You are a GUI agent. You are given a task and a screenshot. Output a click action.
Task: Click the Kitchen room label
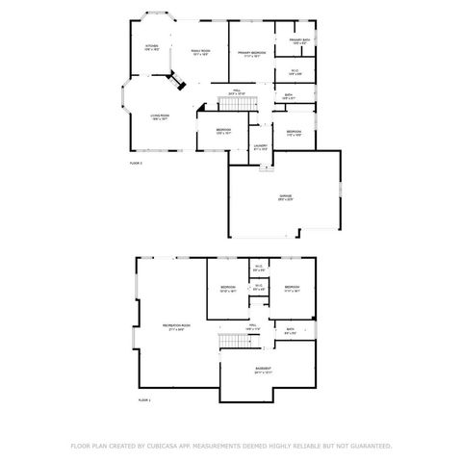pyautogui.click(x=152, y=47)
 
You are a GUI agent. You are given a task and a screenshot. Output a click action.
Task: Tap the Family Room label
pyautogui.click(x=200, y=52)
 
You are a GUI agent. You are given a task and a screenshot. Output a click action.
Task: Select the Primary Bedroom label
pyautogui.click(x=252, y=54)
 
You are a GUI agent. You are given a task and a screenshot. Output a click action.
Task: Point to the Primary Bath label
pyautogui.click(x=297, y=41)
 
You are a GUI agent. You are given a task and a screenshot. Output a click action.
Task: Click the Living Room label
pyautogui.click(x=160, y=117)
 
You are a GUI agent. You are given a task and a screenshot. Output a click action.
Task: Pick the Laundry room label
pyautogui.click(x=260, y=147)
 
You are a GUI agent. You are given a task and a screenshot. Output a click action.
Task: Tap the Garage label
pyautogui.click(x=286, y=196)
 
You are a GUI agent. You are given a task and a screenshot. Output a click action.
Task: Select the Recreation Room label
pyautogui.click(x=177, y=328)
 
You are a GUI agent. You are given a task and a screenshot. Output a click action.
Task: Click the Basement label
pyautogui.click(x=263, y=370)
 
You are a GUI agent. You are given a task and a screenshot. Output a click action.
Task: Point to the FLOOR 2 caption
pyautogui.click(x=136, y=165)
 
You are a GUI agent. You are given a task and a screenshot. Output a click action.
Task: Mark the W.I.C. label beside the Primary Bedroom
pyautogui.click(x=295, y=72)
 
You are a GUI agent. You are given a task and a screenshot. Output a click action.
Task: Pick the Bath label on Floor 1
pyautogui.click(x=289, y=332)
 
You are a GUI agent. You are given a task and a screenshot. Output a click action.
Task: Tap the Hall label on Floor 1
pyautogui.click(x=253, y=327)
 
